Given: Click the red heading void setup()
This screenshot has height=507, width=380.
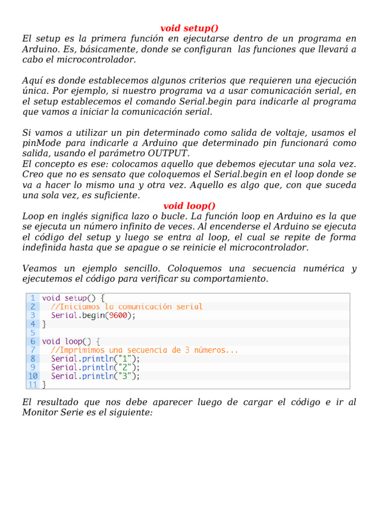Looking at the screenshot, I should (x=190, y=28).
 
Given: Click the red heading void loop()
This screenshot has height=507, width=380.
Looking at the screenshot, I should (x=190, y=205).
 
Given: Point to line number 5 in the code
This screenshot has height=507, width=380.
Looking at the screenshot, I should (x=33, y=333).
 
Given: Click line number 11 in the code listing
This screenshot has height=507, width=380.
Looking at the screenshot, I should (x=33, y=385).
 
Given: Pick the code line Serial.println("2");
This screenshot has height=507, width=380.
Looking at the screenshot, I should (x=95, y=367).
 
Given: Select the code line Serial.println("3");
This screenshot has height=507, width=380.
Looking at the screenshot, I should (x=95, y=376).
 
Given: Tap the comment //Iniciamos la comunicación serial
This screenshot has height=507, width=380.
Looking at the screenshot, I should (x=127, y=307).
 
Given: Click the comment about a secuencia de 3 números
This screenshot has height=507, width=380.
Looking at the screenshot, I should (x=144, y=350).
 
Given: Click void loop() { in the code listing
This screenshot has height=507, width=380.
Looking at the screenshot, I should (x=71, y=342).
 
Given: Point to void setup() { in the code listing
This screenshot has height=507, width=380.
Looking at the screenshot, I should (x=73, y=298).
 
